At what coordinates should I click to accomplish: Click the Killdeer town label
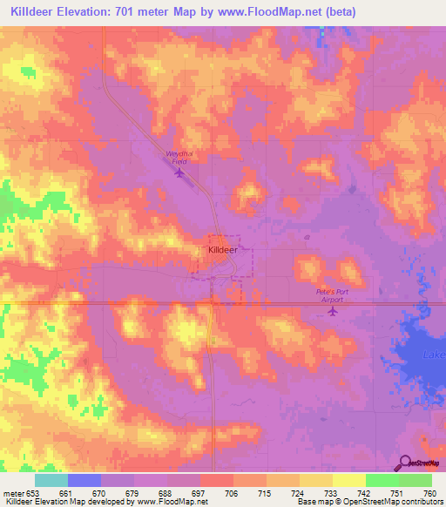click(222, 249)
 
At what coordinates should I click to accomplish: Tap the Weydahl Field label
click(179, 158)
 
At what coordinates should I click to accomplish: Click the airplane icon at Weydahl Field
click(179, 172)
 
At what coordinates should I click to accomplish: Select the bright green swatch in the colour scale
click(382, 480)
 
